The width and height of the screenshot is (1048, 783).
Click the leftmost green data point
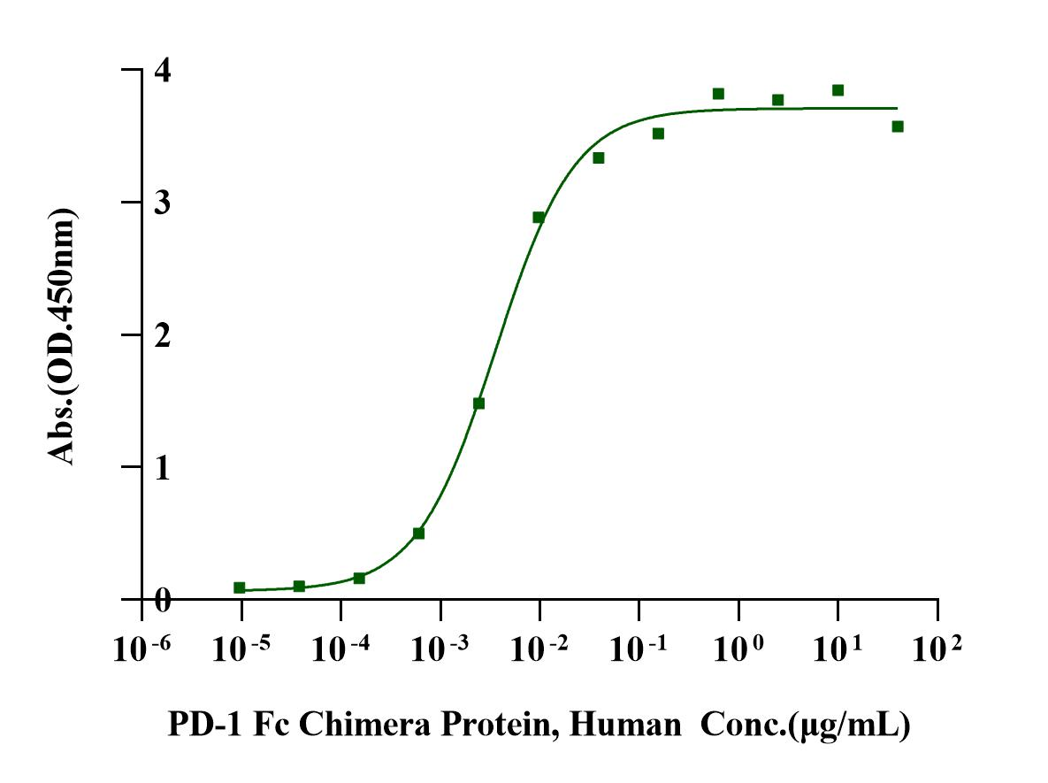coord(240,587)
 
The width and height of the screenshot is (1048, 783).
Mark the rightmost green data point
coord(898,127)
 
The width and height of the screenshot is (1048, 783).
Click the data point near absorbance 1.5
coord(479,403)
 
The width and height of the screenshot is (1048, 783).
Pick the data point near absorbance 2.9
coord(539,217)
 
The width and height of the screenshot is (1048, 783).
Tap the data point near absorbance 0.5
coord(419,534)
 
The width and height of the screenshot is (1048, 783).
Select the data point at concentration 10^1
coord(838,90)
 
